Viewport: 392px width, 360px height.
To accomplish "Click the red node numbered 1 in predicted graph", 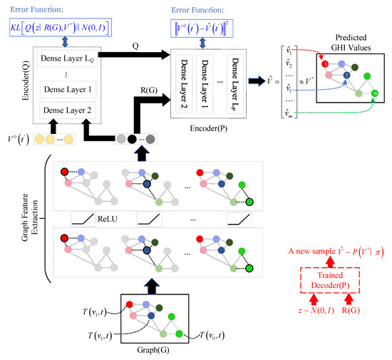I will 325,65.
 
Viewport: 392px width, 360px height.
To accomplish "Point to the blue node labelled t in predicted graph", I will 346,75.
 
